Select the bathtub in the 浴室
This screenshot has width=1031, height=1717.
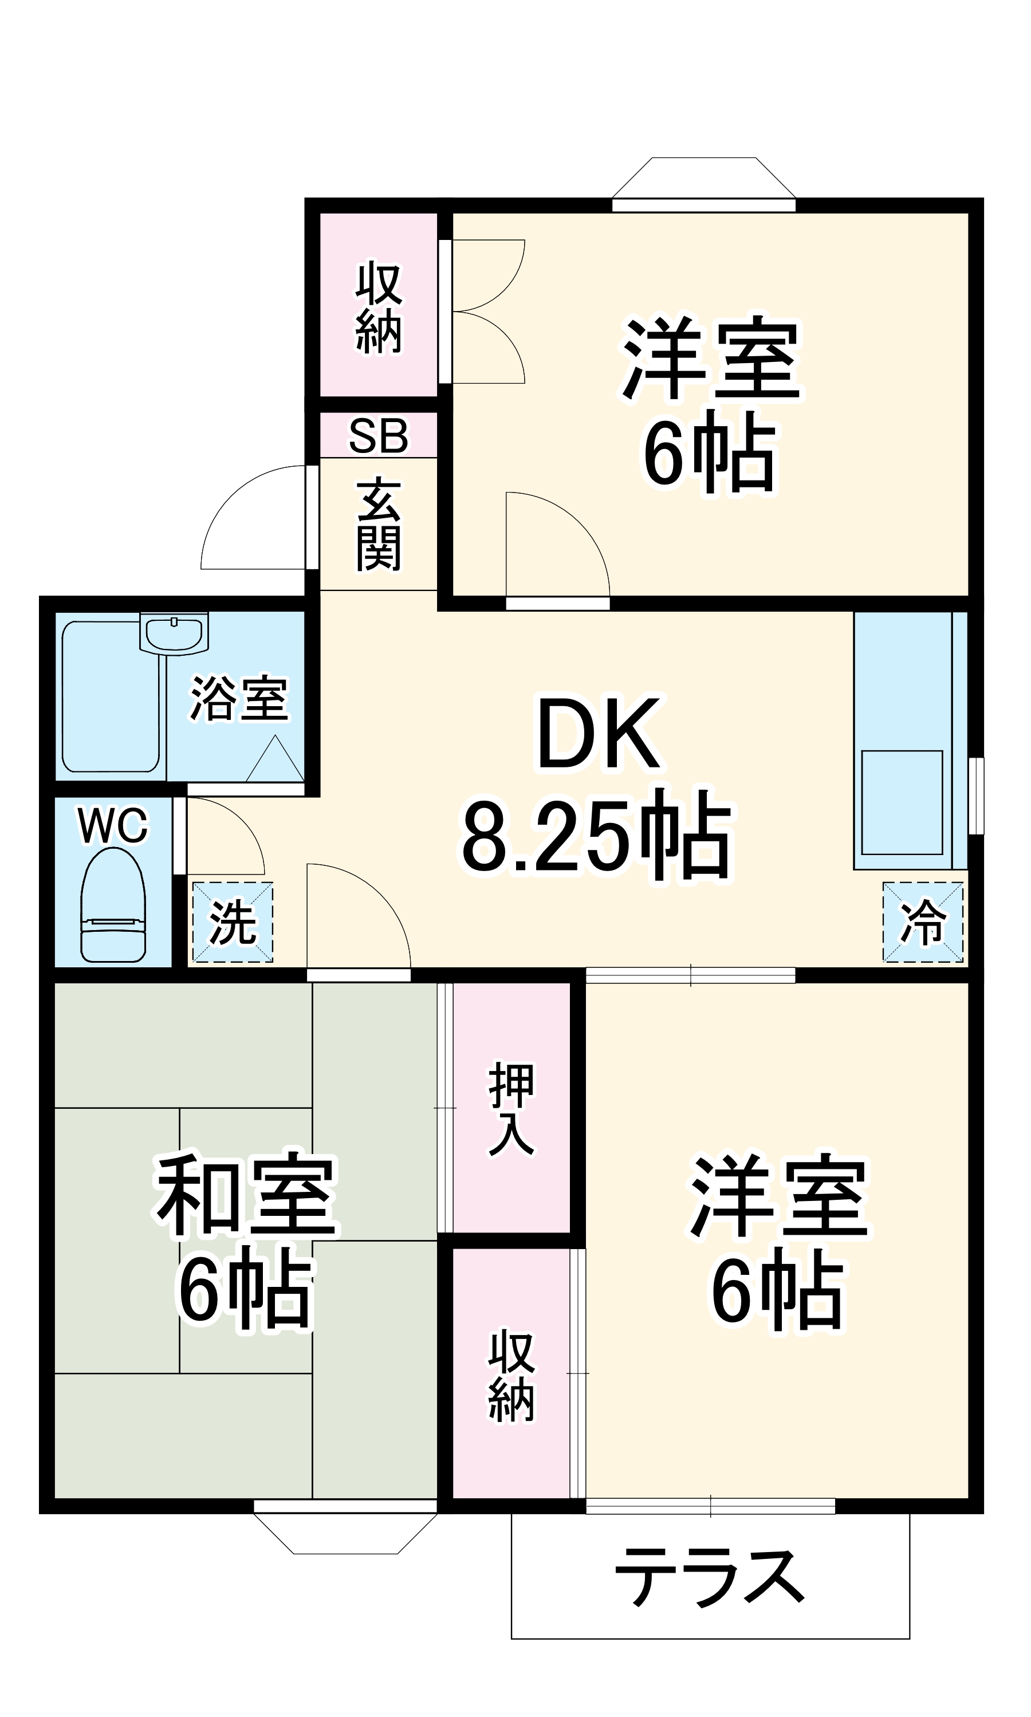pyautogui.click(x=111, y=696)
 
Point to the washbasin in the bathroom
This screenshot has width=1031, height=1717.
pyautogui.click(x=174, y=633)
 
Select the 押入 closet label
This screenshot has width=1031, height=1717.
pyautogui.click(x=511, y=1109)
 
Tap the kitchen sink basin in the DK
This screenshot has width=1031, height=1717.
pyautogui.click(x=902, y=802)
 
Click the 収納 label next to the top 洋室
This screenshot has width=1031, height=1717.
pyautogui.click(x=379, y=306)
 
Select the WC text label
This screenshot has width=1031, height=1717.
pyautogui.click(x=113, y=826)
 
